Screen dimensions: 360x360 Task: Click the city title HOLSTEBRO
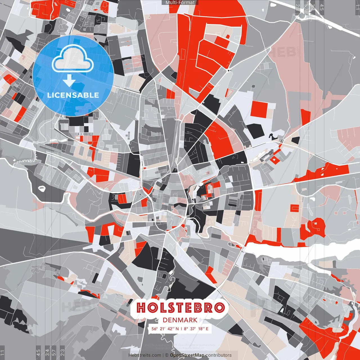tap(181, 308)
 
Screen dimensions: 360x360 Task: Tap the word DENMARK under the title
tap(180, 320)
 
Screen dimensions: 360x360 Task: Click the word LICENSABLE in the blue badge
tap(73, 95)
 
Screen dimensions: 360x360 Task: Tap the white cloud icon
tap(73, 58)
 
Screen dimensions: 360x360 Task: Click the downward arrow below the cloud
tap(69, 81)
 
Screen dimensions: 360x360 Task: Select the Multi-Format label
tap(180, 3)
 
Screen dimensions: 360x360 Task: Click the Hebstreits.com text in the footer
tap(145, 355)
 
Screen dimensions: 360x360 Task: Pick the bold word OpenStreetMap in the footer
tap(187, 355)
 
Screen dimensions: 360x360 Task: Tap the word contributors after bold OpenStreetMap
tap(219, 355)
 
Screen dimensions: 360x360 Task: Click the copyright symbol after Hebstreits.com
tap(166, 355)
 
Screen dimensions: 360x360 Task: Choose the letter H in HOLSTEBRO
tap(141, 308)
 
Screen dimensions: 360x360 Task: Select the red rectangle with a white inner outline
tap(294, 208)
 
